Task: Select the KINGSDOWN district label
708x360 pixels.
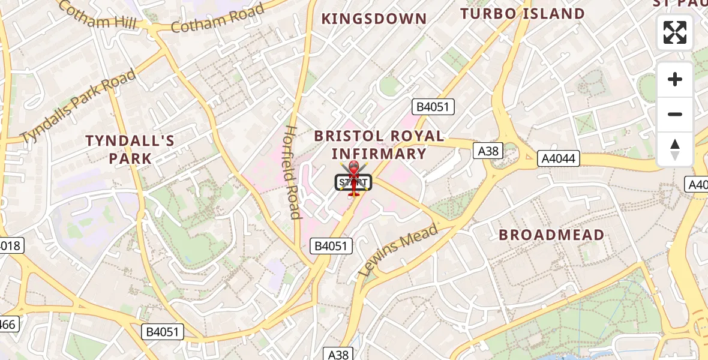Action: [x=374, y=19]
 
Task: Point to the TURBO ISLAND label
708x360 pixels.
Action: [x=522, y=14]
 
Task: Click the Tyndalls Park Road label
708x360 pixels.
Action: [x=78, y=106]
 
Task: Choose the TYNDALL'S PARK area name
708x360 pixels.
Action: [x=130, y=149]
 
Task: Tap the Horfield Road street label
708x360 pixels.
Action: [x=292, y=172]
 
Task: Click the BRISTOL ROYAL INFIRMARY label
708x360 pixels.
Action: [x=379, y=145]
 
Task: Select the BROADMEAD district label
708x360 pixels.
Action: [x=551, y=235]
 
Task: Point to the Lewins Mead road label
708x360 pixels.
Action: [x=398, y=250]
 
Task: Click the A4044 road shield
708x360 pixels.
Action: [x=559, y=158]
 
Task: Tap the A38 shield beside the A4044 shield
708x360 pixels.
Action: [x=488, y=151]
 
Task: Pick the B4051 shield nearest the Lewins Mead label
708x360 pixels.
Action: [x=331, y=245]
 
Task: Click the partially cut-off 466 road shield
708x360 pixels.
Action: [x=7, y=325]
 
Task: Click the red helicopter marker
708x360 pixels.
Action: [x=353, y=178]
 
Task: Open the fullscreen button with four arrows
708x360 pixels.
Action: [x=675, y=32]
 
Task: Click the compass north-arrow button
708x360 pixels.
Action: [x=675, y=149]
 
